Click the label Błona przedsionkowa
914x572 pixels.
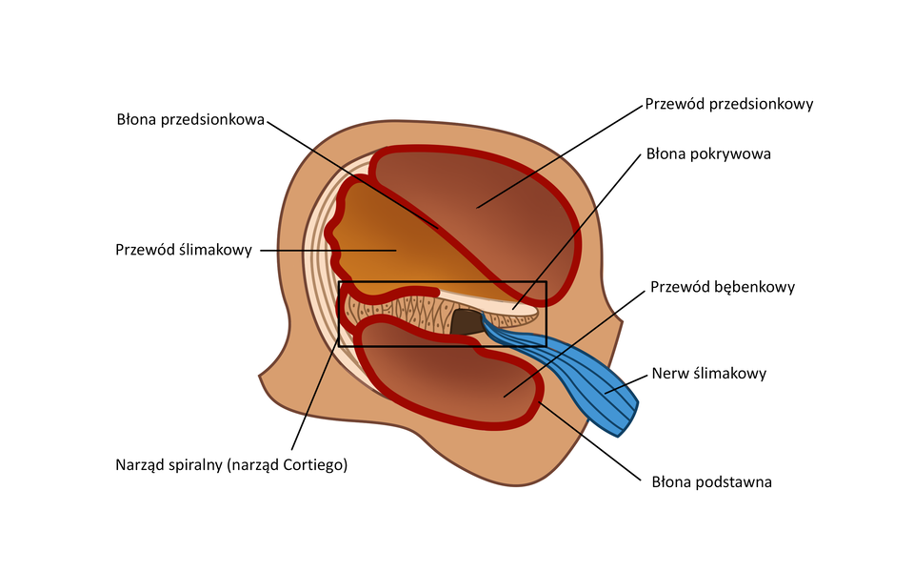coord(189,120)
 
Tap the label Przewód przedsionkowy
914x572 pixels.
coord(728,104)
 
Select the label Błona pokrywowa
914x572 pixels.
coord(707,153)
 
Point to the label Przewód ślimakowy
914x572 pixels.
coord(183,250)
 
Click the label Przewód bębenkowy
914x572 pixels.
coord(723,286)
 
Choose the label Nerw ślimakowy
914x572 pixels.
coord(708,373)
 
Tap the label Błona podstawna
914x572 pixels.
coord(712,481)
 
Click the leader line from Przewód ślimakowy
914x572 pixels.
coord(324,250)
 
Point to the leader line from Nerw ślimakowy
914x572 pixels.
coord(624,382)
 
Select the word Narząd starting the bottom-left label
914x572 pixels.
coord(141,465)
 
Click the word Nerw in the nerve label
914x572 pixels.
coord(668,373)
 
